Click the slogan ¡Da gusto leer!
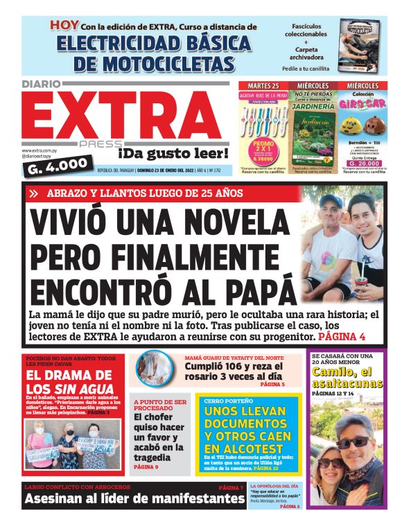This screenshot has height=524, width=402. [x=163, y=152]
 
